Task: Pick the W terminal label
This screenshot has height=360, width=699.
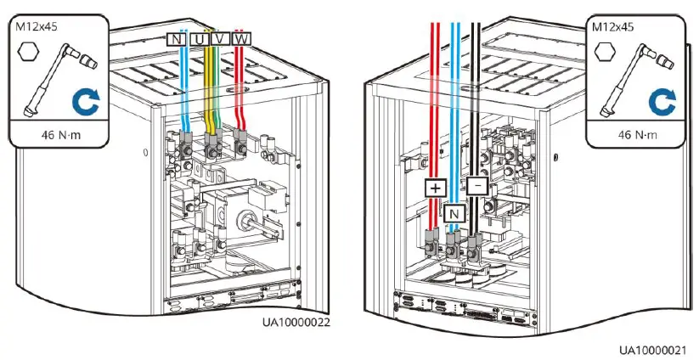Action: click(x=242, y=39)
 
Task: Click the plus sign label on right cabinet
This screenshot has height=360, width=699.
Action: click(x=434, y=186)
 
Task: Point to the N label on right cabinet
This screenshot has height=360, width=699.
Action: click(x=455, y=213)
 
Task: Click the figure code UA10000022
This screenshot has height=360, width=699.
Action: click(x=295, y=323)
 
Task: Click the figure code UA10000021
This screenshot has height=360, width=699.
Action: click(x=652, y=350)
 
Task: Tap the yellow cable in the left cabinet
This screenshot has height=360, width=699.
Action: click(x=208, y=93)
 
